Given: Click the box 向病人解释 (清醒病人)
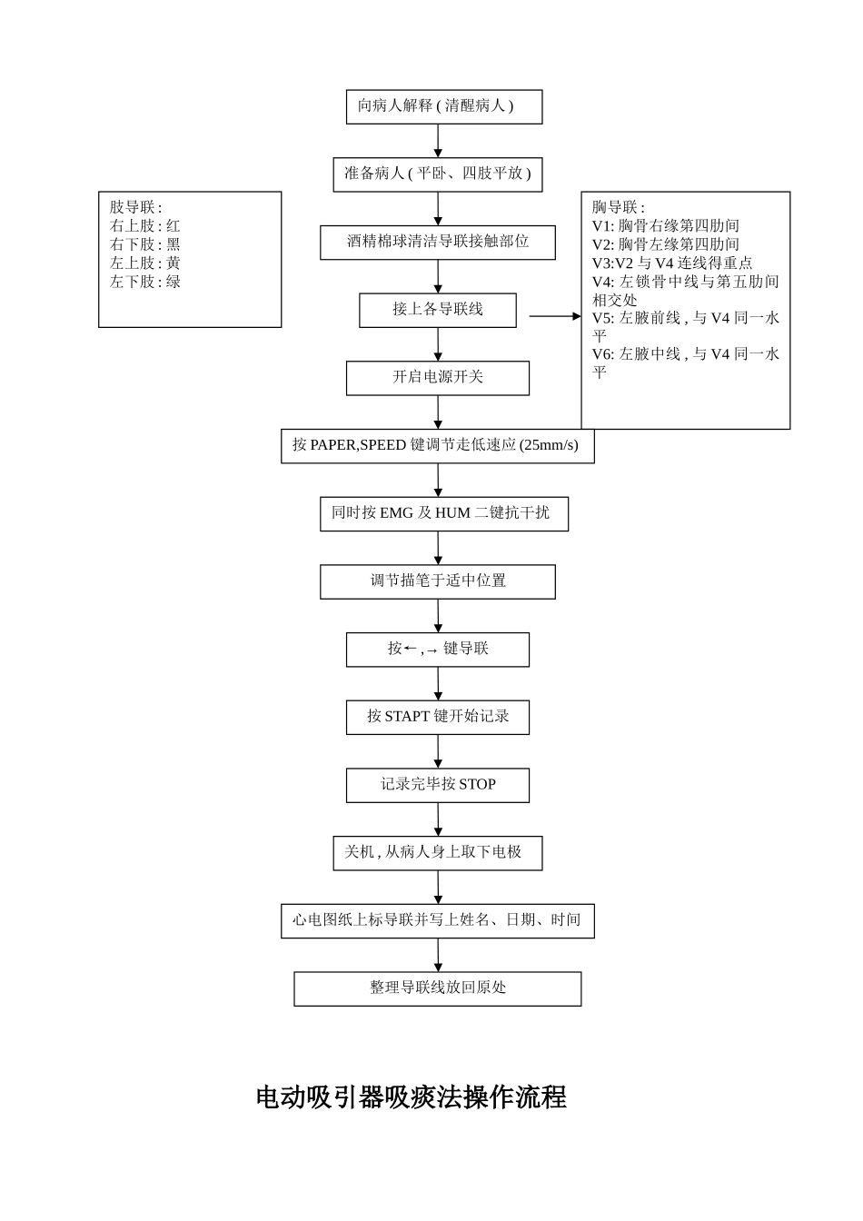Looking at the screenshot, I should tap(443, 106).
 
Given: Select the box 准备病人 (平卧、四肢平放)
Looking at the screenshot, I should tap(437, 174).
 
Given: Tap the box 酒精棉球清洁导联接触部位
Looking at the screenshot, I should tap(437, 243).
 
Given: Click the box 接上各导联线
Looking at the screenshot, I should tap(437, 310).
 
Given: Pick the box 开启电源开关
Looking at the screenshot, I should tap(437, 378).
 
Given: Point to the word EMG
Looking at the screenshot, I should tap(396, 513).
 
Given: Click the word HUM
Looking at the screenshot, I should tap(452, 513).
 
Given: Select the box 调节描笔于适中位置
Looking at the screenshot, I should tap(437, 581).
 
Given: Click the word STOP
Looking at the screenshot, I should tap(477, 785).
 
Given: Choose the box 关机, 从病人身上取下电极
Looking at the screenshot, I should tap(437, 853).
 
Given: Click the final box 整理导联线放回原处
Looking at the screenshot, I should tap(437, 988).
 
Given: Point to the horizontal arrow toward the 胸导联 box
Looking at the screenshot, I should tap(554, 316).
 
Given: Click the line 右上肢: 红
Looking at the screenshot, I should tap(145, 226).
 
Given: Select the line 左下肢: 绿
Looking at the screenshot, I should tap(145, 283).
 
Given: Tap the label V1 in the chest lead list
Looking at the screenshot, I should tap(602, 226).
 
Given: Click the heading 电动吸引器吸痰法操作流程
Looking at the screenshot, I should tap(411, 1097).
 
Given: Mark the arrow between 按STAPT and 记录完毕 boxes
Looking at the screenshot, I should tap(438, 751).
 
